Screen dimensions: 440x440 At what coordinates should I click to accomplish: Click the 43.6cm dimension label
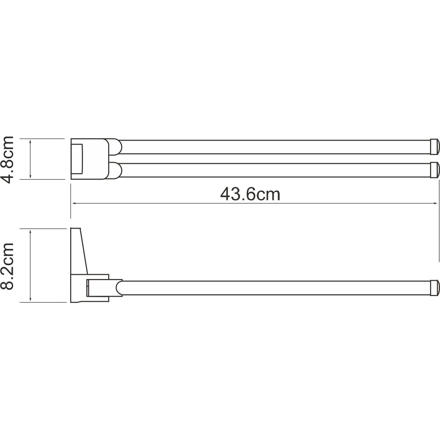click(250, 194)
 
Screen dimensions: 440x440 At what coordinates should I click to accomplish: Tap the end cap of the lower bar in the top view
click(435, 170)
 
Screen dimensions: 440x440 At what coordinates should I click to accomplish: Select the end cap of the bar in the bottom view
click(435, 288)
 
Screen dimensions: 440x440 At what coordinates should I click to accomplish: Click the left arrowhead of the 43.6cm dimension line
click(74, 204)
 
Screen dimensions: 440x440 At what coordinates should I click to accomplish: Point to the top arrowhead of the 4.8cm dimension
click(31, 141)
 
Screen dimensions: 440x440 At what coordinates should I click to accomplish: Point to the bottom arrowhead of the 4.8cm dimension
click(31, 177)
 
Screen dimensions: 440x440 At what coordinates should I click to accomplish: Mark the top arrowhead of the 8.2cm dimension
click(31, 231)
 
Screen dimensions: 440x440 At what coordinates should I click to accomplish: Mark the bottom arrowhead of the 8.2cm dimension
click(31, 300)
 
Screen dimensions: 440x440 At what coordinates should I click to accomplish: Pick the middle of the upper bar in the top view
click(273, 147)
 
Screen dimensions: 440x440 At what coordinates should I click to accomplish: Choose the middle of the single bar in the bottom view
click(273, 288)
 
